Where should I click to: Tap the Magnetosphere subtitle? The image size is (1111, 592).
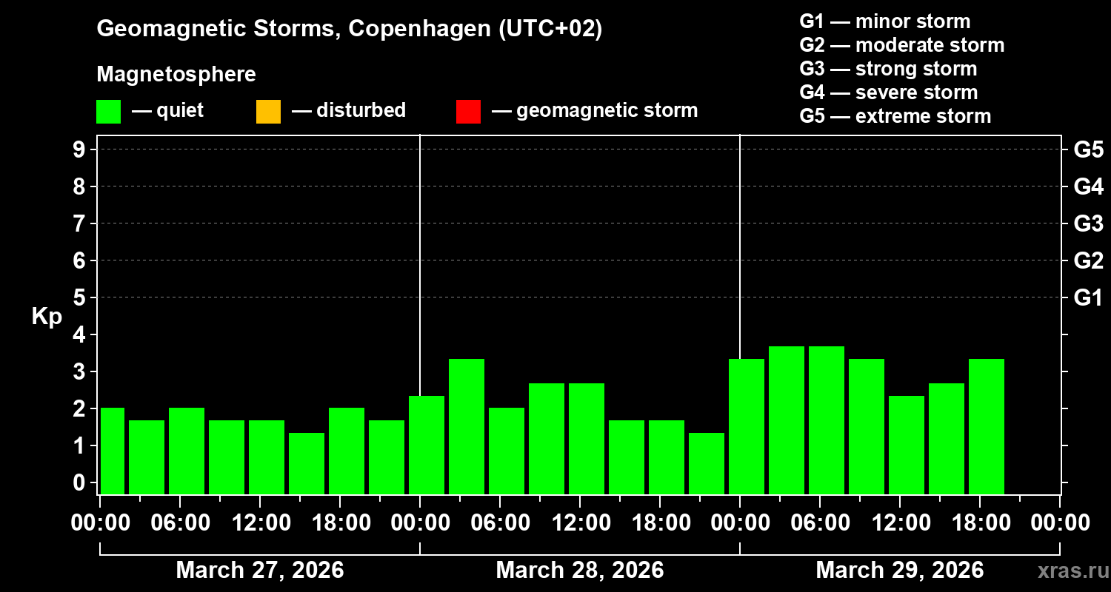pyautogui.click(x=176, y=75)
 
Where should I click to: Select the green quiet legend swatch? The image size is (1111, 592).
pyautogui.click(x=108, y=111)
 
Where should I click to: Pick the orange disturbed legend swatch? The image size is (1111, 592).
pyautogui.click(x=268, y=111)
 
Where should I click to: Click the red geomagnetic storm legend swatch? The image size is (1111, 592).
pyautogui.click(x=468, y=111)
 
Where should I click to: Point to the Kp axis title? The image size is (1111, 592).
pyautogui.click(x=47, y=317)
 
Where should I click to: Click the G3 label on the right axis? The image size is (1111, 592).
pyautogui.click(x=1088, y=223)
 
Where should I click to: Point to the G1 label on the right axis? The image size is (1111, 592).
pyautogui.click(x=1088, y=297)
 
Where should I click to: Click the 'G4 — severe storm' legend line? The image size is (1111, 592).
pyautogui.click(x=888, y=92)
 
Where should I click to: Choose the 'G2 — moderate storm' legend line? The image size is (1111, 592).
pyautogui.click(x=901, y=45)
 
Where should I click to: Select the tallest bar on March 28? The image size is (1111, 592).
pyautogui.click(x=467, y=425)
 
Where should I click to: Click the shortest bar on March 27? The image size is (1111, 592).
pyautogui.click(x=307, y=462)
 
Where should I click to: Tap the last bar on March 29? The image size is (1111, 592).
pyautogui.click(x=987, y=425)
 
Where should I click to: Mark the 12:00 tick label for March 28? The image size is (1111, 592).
pyautogui.click(x=580, y=523)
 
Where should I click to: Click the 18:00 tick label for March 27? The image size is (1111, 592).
pyautogui.click(x=340, y=523)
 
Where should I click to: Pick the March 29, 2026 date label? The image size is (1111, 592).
pyautogui.click(x=899, y=571)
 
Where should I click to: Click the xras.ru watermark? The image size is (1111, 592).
pyautogui.click(x=1068, y=571)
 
